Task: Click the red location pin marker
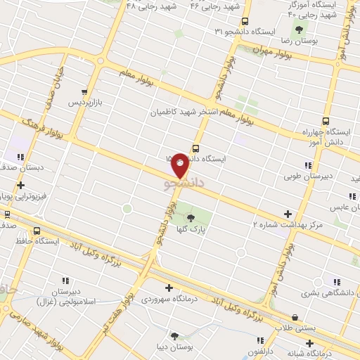[x=181, y=165]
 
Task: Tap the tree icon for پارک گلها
[x=191, y=218]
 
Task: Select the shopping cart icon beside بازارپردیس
[x=85, y=91]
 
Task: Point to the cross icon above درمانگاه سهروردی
[x=169, y=287]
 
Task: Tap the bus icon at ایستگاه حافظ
[x=37, y=230]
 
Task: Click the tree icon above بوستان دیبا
[x=175, y=337]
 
